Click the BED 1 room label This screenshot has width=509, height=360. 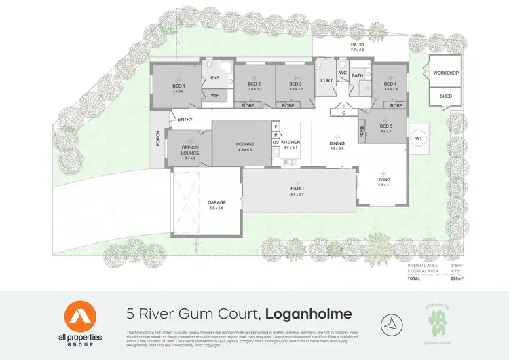(x=178, y=86)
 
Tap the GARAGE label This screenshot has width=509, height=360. (x=216, y=203)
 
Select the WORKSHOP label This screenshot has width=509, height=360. (x=446, y=73)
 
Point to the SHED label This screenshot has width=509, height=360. (x=446, y=96)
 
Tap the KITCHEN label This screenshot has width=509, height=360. (x=290, y=143)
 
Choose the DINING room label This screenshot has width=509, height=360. (x=337, y=143)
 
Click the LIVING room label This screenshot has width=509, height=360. (x=383, y=180)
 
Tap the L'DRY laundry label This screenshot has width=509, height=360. (x=326, y=82)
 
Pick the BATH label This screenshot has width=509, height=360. (x=358, y=75)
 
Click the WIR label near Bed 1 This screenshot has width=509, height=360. (x=214, y=96)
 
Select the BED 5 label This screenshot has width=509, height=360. (x=386, y=127)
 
